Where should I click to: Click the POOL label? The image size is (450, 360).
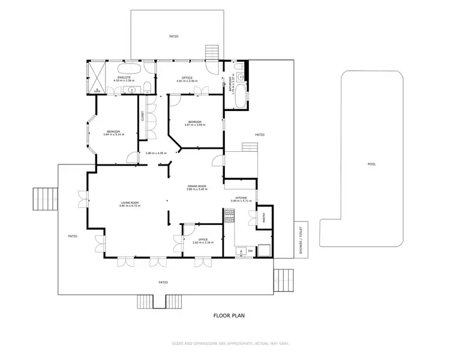tap(371, 164)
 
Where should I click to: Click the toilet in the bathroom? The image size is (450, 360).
tap(239, 74)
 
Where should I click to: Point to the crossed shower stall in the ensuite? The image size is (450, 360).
tap(97, 76)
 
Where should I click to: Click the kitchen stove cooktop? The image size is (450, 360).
tap(229, 216)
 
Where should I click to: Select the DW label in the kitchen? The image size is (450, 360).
tap(250, 250)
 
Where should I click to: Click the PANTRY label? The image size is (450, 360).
tap(263, 219)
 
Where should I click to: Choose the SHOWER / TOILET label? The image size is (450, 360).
tap(301, 240)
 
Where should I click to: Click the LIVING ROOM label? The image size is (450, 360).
tap(130, 203)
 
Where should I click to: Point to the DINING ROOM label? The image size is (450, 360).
tap(197, 187)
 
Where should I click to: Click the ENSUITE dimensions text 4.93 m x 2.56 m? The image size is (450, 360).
tap(124, 81)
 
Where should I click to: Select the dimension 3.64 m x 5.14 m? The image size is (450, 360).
tap(113, 134)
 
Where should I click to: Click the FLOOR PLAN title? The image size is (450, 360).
tap(229, 315)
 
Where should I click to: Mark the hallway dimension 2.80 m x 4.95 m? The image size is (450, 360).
tap(156, 153)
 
